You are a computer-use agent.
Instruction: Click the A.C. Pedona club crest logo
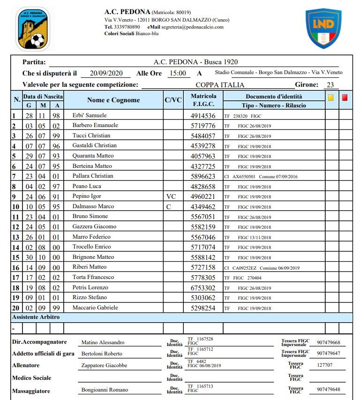click(33, 29)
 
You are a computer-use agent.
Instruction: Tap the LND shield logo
click(323, 28)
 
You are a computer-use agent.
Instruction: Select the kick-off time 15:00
click(178, 73)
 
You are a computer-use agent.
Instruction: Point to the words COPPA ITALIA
click(220, 85)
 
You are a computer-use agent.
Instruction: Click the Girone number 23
click(330, 85)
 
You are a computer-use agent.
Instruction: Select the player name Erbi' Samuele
click(90, 115)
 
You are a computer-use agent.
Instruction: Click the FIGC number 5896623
click(203, 176)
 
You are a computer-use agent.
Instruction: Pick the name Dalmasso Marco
click(93, 206)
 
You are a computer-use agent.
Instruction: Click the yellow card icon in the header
click(330, 98)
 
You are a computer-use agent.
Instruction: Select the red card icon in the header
click(345, 98)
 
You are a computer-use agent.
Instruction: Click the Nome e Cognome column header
click(113, 100)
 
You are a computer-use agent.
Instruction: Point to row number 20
click(15, 308)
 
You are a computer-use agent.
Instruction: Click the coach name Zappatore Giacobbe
click(104, 365)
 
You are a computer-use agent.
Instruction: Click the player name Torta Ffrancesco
click(93, 277)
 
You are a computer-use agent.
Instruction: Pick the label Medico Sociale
click(32, 377)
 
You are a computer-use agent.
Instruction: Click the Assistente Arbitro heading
click(36, 317)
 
